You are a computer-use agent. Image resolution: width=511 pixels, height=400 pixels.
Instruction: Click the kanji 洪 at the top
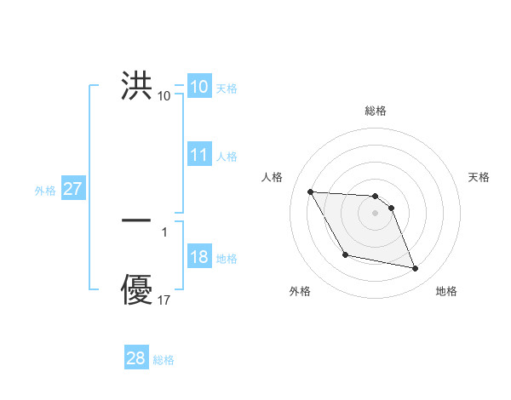click(x=137, y=87)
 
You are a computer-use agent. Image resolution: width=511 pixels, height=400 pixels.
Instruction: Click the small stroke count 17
click(x=164, y=300)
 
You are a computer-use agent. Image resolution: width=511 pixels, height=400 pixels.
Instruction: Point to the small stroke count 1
click(x=164, y=231)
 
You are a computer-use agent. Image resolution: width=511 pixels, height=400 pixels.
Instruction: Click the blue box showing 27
click(x=72, y=189)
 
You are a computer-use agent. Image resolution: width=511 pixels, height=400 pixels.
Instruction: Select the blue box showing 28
click(x=136, y=358)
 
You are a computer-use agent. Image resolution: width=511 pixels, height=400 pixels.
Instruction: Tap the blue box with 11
click(x=199, y=155)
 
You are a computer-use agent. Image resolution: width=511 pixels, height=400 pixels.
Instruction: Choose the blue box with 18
click(x=199, y=258)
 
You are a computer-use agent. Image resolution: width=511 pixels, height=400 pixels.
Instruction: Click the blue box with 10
click(x=199, y=87)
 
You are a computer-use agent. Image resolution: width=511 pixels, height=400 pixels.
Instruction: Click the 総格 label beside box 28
click(x=164, y=360)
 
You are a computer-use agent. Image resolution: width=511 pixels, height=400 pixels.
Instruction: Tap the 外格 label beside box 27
click(x=45, y=191)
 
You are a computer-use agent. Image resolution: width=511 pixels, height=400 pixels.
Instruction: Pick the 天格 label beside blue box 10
click(x=227, y=89)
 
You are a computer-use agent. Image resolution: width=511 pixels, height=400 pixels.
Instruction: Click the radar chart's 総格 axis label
click(x=376, y=111)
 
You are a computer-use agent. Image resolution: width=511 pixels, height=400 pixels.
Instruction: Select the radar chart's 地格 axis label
click(x=446, y=291)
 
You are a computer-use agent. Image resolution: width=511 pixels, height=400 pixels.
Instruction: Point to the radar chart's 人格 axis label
click(x=273, y=177)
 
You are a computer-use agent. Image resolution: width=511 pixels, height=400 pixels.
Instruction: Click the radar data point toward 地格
click(x=416, y=269)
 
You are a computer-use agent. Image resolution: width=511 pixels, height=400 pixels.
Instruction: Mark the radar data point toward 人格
click(x=310, y=191)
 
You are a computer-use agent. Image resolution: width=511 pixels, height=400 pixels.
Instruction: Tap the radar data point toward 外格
click(x=345, y=254)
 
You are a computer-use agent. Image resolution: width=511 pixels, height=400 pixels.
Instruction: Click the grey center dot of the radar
click(x=376, y=213)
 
